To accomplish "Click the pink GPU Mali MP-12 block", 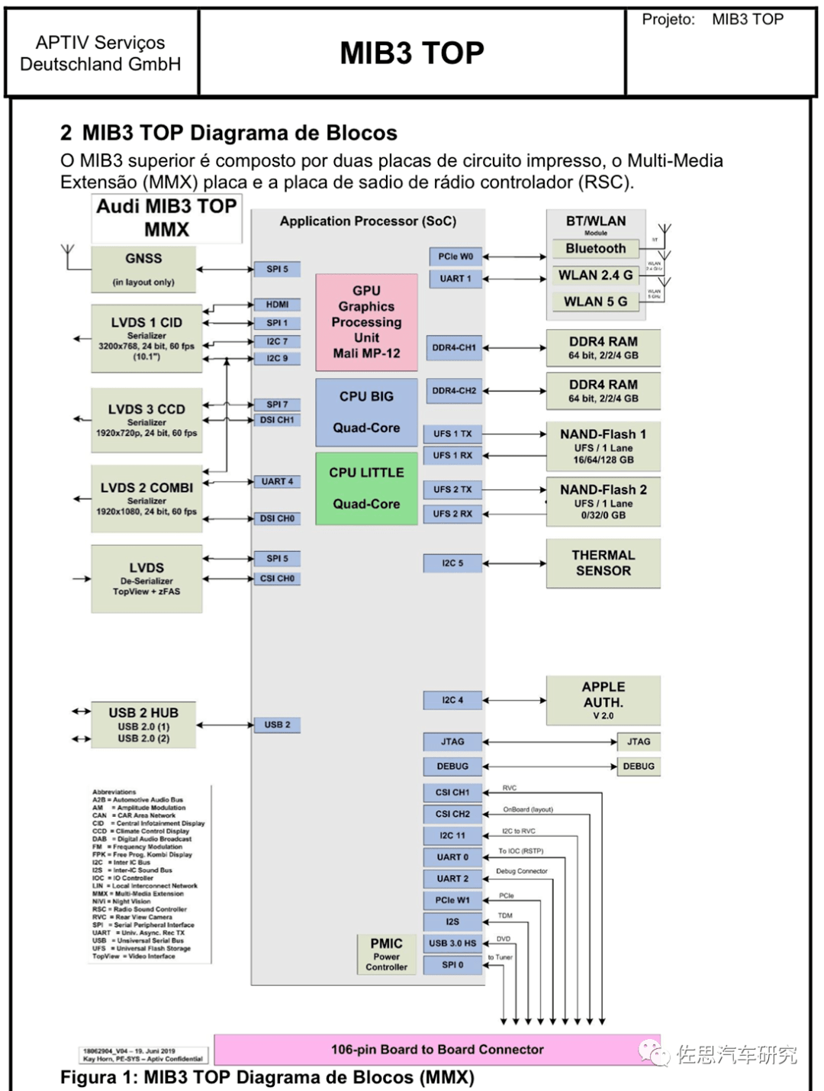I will [366, 321].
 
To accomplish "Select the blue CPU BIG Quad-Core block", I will [366, 412].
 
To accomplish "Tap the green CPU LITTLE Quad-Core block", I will [366, 488].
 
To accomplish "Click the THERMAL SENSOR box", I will [603, 563].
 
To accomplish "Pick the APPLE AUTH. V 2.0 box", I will [603, 699].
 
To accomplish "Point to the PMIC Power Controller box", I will [386, 954].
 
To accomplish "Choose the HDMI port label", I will [277, 305].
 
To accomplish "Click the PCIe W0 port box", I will [455, 257].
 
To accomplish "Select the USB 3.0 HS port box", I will [452, 944].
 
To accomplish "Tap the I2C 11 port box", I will [452, 835].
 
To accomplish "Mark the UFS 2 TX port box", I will [452, 489].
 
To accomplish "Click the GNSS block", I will [143, 269].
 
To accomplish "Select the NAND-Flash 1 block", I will [603, 446].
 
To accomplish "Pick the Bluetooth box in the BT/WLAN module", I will [595, 249].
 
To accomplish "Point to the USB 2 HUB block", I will [143, 725].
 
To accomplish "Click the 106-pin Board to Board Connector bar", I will [437, 1050].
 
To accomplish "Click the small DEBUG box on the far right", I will [639, 767].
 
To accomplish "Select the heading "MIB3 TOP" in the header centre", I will [412, 53].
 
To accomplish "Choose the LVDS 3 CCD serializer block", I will [146, 418].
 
